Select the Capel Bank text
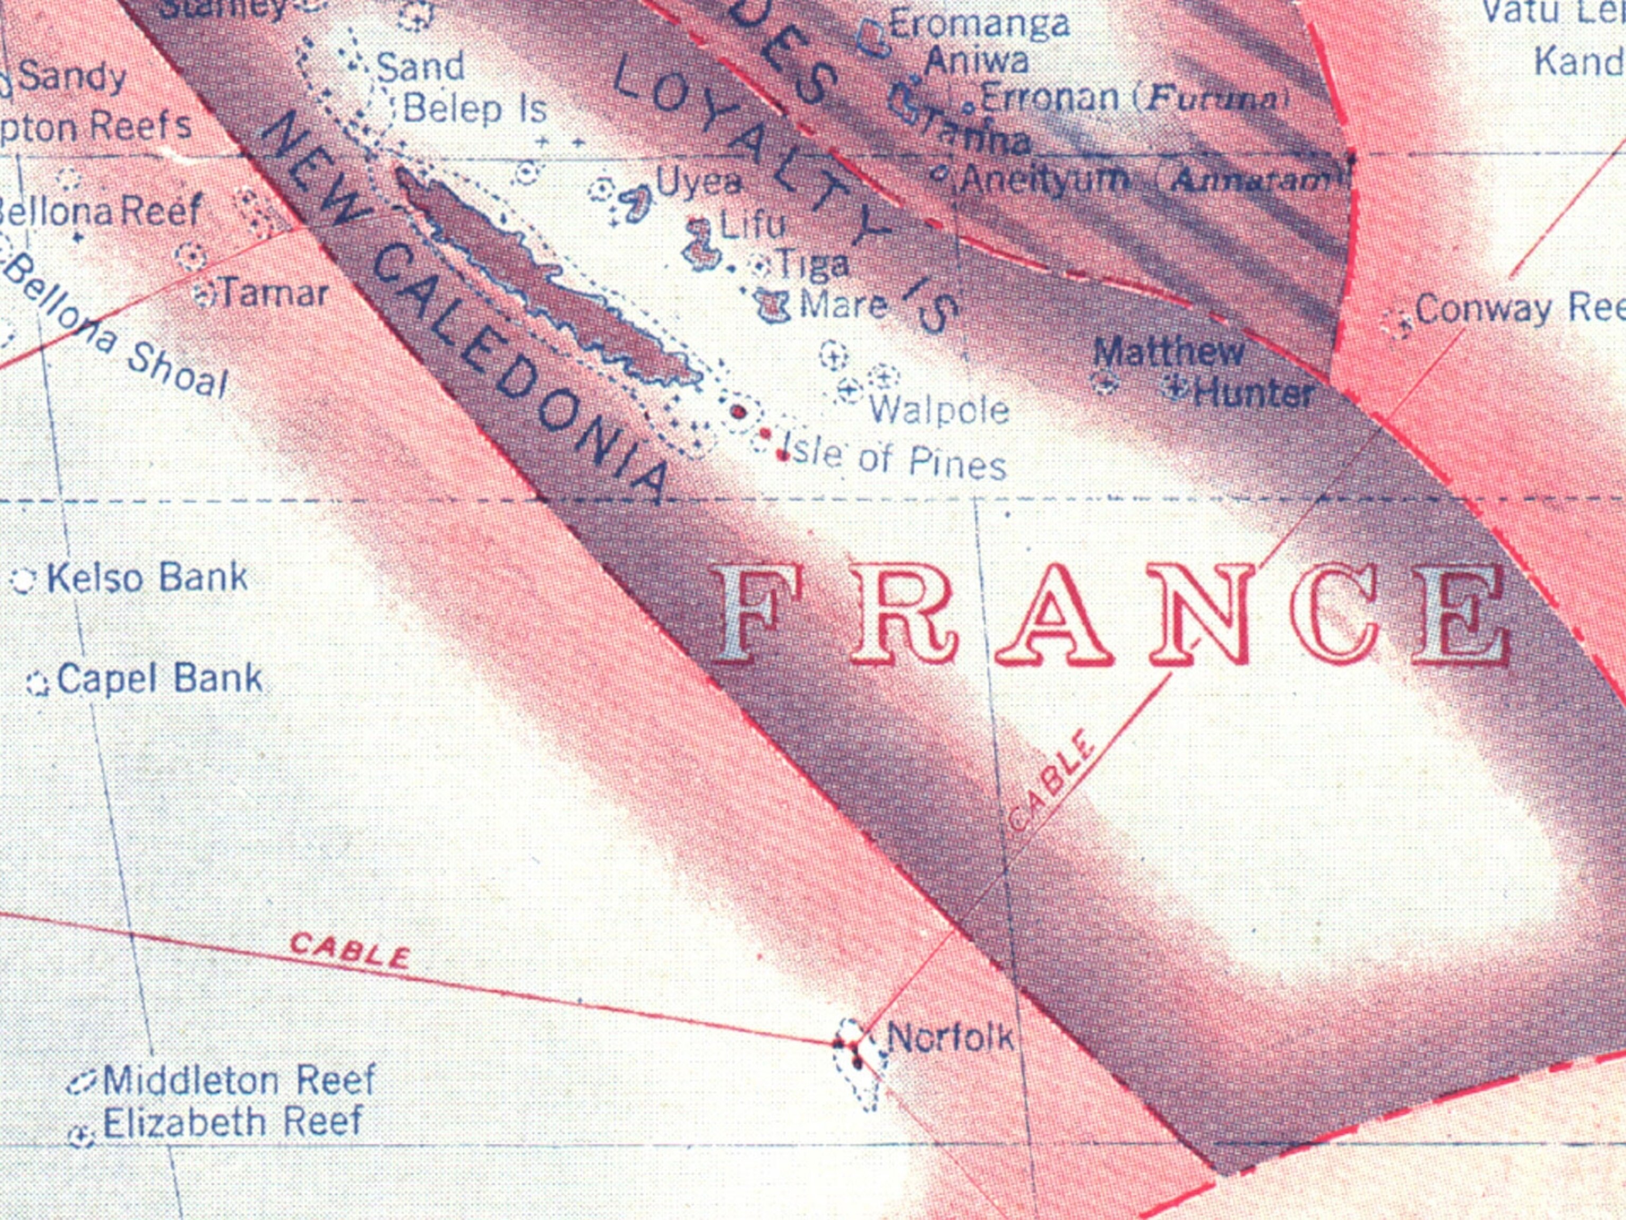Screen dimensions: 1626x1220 [159, 679]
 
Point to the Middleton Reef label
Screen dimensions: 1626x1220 [239, 1080]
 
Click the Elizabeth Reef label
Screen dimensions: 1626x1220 [232, 1122]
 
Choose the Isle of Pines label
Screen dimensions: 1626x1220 [894, 456]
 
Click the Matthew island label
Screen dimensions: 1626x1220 [1168, 353]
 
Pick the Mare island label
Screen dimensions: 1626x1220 [843, 305]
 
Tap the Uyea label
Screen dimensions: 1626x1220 [698, 182]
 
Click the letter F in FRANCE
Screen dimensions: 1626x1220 [747, 613]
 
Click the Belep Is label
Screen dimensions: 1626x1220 [475, 110]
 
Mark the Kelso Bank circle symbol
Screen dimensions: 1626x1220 [23, 581]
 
